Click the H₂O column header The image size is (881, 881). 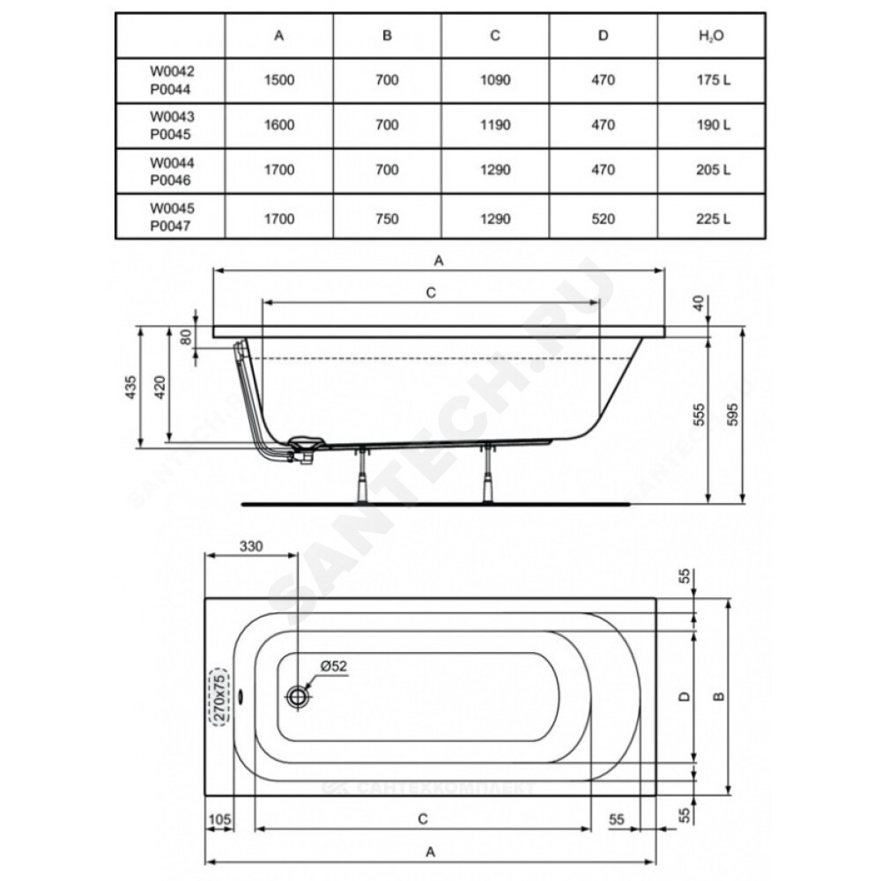[711, 35]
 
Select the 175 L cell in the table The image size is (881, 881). [714, 80]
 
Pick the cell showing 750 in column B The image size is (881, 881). [387, 218]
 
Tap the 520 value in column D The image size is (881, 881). [603, 218]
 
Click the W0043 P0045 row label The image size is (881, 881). [172, 125]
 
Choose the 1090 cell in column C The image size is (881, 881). [495, 80]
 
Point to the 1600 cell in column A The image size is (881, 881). [279, 125]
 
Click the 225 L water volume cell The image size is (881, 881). [714, 218]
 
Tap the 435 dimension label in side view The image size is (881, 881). [130, 387]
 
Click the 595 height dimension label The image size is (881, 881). [732, 415]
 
